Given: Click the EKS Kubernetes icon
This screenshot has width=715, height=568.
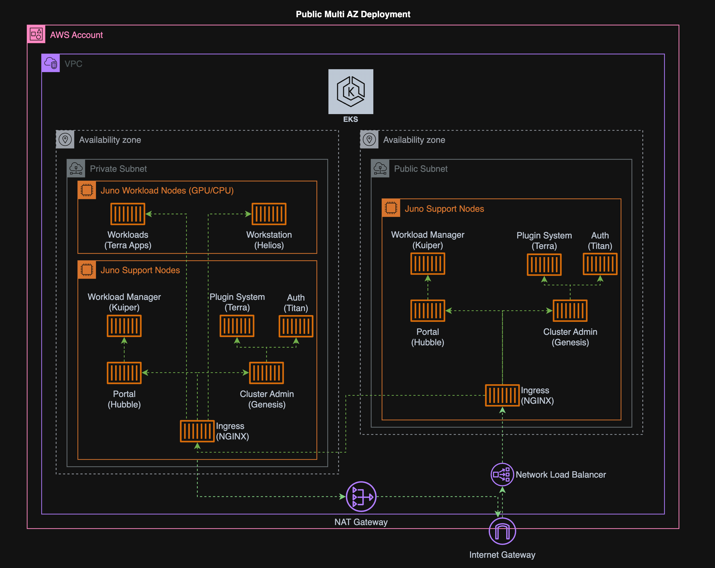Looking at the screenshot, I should pos(351,92).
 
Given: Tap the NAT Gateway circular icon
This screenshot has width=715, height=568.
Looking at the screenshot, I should pos(361,496).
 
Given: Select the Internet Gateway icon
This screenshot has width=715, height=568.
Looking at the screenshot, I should pos(502,531).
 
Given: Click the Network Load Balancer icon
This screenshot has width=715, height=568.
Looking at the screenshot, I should pos(502,474).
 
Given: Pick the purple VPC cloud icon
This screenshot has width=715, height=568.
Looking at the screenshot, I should pos(51,63).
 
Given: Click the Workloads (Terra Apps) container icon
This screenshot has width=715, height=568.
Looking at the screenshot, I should pos(128,214).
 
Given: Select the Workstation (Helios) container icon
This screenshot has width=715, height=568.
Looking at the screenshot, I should pos(269,214).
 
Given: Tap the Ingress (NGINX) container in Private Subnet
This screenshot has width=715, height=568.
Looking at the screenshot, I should pos(197,431).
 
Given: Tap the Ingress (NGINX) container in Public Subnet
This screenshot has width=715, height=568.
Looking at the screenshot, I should pos(502,395).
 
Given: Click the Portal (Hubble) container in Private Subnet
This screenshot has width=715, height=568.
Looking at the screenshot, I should pos(124,373).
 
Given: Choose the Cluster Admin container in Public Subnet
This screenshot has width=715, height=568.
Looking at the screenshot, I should pos(570,311).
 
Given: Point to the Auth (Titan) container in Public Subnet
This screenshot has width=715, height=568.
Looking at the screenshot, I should pos(600,264).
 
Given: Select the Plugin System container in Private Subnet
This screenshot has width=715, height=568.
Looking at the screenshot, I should pos(237,326).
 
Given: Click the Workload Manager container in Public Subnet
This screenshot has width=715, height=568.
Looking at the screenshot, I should pos(428,264).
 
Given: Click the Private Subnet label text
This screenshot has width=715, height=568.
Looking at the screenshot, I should pos(118,169).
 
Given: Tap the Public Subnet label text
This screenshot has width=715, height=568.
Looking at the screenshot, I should pos(421,169).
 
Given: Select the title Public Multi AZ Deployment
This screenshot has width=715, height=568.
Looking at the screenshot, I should pos(353,14).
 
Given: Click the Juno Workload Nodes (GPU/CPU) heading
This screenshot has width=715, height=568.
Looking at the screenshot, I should pos(167,191).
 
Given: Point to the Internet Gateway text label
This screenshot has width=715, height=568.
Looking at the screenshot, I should pos(502,555).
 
